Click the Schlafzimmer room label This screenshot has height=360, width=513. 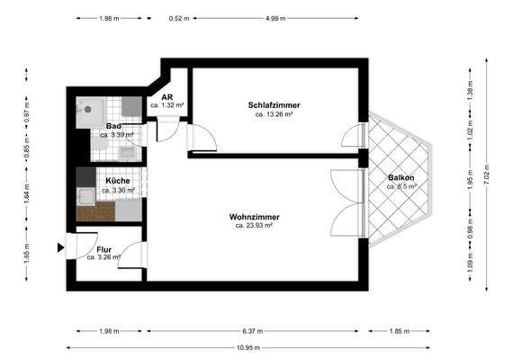point(274,106)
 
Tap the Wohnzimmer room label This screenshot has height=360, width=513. point(254,217)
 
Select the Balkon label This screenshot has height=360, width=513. point(400,177)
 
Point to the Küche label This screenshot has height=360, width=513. point(118,181)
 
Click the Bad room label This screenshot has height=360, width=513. point(113,126)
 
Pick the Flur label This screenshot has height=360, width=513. point(103,248)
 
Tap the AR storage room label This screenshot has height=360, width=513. point(166,96)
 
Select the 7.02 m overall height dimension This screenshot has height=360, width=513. point(487,175)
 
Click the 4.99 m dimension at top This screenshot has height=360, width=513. point(277,18)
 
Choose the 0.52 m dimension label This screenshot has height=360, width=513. point(179,18)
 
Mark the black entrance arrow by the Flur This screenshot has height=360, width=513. point(59,247)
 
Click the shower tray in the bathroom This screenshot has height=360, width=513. point(88,108)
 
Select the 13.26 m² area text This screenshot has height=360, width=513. point(274,115)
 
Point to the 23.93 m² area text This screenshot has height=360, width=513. point(254,226)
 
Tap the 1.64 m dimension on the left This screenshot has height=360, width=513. point(27,192)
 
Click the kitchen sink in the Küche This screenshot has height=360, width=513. point(85,197)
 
